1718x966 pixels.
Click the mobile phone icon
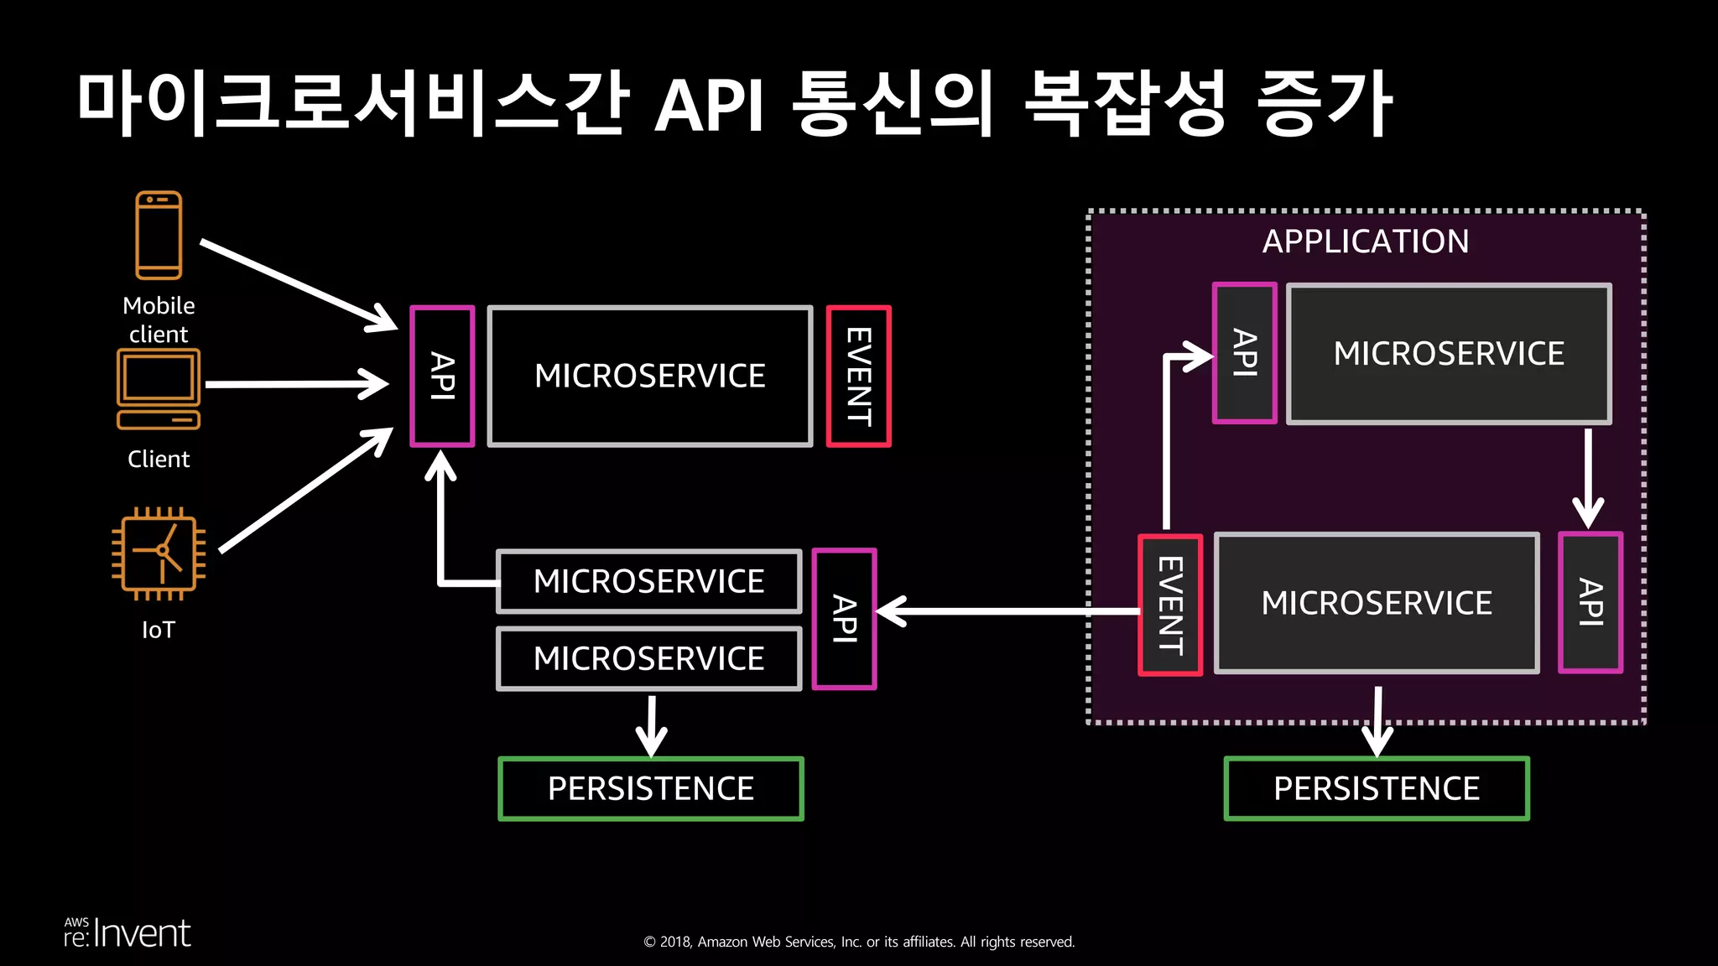pyautogui.click(x=159, y=235)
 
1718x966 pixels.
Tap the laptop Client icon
pyautogui.click(x=159, y=389)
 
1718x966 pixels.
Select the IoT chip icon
pyautogui.click(x=159, y=553)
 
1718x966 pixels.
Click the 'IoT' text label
pyautogui.click(x=159, y=630)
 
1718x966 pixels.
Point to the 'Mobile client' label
pyautogui.click(x=159, y=319)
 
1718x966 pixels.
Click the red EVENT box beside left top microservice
pyautogui.click(x=858, y=377)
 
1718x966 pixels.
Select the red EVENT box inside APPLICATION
pyautogui.click(x=1170, y=605)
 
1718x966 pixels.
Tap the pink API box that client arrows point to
pyautogui.click(x=442, y=377)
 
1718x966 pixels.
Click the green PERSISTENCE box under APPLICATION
pyautogui.click(x=1376, y=788)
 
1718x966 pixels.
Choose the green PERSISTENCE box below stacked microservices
pyautogui.click(x=651, y=788)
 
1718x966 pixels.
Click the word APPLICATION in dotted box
pyautogui.click(x=1366, y=241)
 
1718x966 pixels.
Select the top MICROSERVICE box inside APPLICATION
pyautogui.click(x=1449, y=353)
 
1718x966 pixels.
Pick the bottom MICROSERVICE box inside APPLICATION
pyautogui.click(x=1377, y=603)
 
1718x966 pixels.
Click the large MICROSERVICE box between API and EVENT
pyautogui.click(x=650, y=376)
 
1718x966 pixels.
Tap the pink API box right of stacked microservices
pyautogui.click(x=845, y=619)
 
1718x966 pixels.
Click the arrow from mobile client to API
pyautogui.click(x=298, y=284)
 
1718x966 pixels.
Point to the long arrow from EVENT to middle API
pyautogui.click(x=1007, y=611)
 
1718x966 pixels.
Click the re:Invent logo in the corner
pyautogui.click(x=128, y=933)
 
